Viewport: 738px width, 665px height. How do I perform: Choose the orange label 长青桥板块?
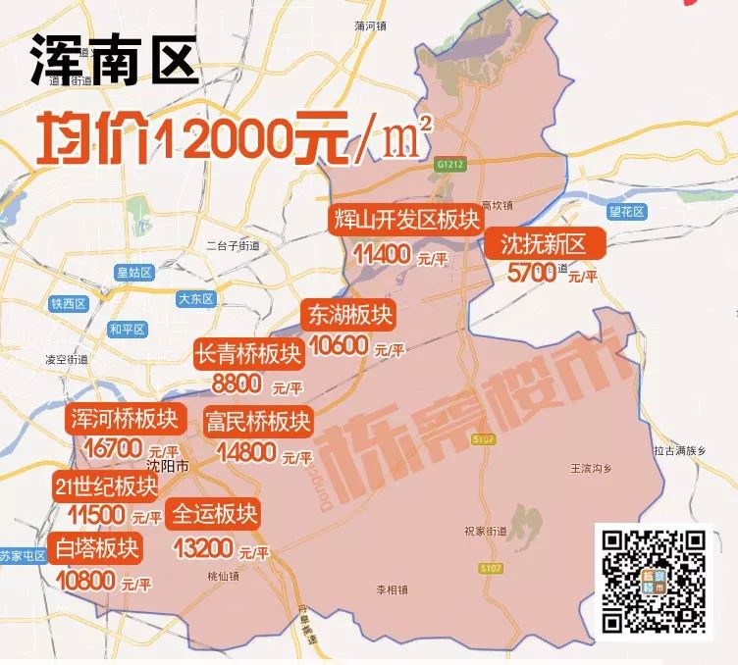click(x=245, y=354)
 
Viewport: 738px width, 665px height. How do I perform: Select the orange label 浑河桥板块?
click(x=124, y=419)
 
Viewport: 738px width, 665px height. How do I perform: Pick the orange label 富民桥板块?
click(x=257, y=422)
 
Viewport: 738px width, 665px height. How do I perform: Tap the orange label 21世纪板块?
click(x=106, y=486)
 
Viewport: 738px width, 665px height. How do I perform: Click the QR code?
click(x=653, y=581)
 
